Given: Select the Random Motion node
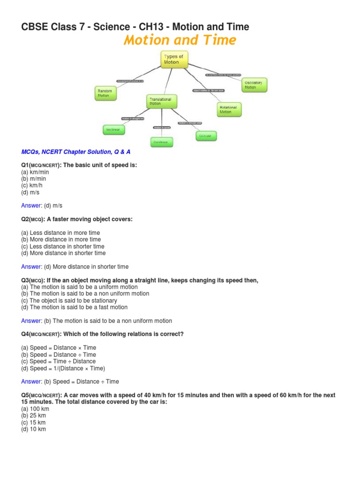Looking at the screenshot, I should [x=105, y=92].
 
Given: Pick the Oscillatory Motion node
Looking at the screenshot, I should [x=254, y=85].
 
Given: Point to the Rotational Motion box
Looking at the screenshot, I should [x=229, y=109].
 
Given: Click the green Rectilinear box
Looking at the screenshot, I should [x=114, y=129].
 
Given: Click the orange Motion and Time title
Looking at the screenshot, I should [x=180, y=40].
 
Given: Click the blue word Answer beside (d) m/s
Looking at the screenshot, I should [x=31, y=206].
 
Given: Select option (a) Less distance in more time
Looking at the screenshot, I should [x=60, y=233].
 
